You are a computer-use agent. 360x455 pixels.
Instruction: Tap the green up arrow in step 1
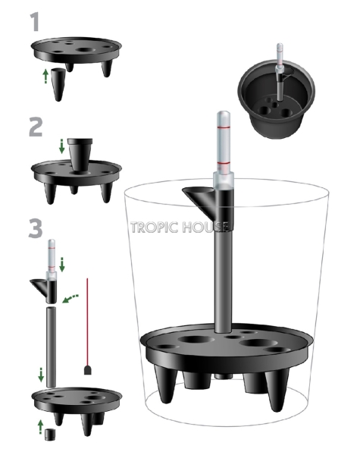click(45, 76)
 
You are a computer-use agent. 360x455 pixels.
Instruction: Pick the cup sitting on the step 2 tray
click(77, 152)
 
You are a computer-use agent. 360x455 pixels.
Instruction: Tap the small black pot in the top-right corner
click(277, 99)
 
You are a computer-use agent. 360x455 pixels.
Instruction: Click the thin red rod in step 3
click(88, 318)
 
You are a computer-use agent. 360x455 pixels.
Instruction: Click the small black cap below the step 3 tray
click(52, 435)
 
